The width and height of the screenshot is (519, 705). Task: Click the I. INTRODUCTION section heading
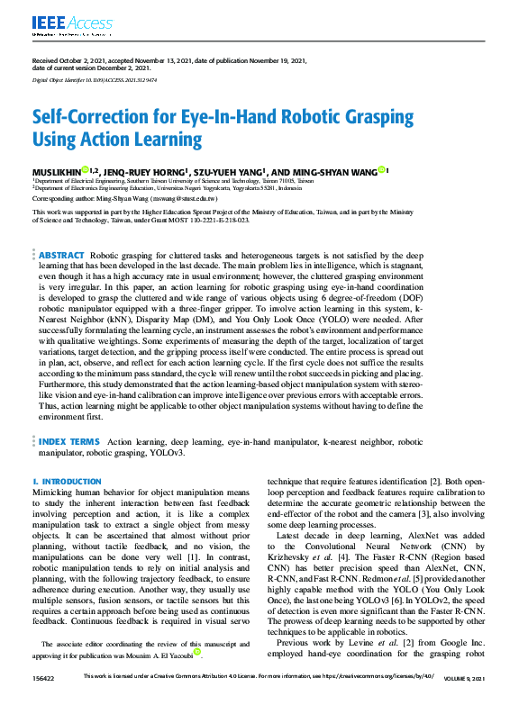click(x=67, y=482)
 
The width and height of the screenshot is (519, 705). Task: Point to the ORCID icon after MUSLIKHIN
click(x=85, y=169)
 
